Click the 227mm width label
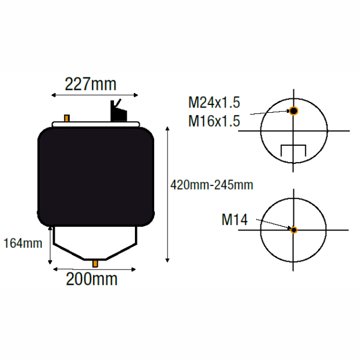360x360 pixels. [91, 84]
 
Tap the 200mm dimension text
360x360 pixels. [92, 279]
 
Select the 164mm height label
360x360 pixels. [23, 244]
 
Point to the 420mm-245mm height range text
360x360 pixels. [212, 185]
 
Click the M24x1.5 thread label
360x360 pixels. [214, 103]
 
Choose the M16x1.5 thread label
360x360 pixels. [214, 121]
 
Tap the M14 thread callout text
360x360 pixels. [235, 220]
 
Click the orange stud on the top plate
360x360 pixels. [67, 118]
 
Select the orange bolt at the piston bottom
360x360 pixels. [95, 263]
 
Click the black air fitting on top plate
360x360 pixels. [118, 111]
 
